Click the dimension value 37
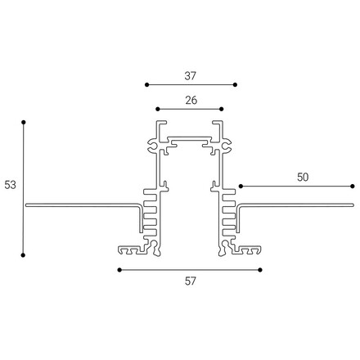pos(190,76)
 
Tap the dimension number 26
pos(191,101)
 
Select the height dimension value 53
pos(10,185)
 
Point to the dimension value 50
pos(303,178)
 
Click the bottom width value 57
pos(190,281)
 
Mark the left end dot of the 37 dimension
pos(147,85)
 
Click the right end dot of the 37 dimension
pos(235,85)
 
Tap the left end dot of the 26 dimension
pos(158,109)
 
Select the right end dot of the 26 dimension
pos(222,109)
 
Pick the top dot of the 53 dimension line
pos(24,122)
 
